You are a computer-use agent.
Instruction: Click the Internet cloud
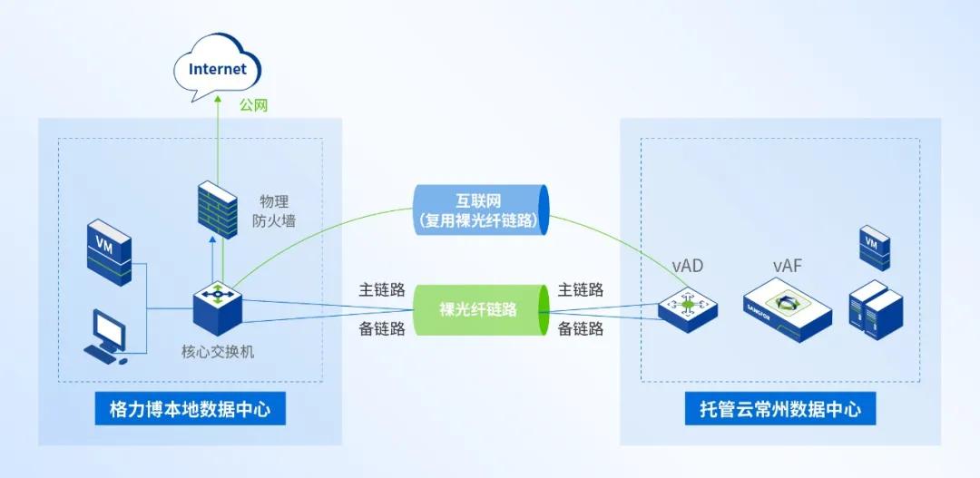(217, 69)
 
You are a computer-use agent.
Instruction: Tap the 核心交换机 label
(218, 350)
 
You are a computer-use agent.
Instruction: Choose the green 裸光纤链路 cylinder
(478, 309)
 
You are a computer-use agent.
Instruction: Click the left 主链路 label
(382, 290)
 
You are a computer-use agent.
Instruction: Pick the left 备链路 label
(382, 328)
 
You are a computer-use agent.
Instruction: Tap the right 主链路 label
(581, 290)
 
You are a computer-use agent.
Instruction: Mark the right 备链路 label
(581, 328)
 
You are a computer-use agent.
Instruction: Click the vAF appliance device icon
(787, 308)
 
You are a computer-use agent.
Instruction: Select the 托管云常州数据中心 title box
(774, 409)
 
